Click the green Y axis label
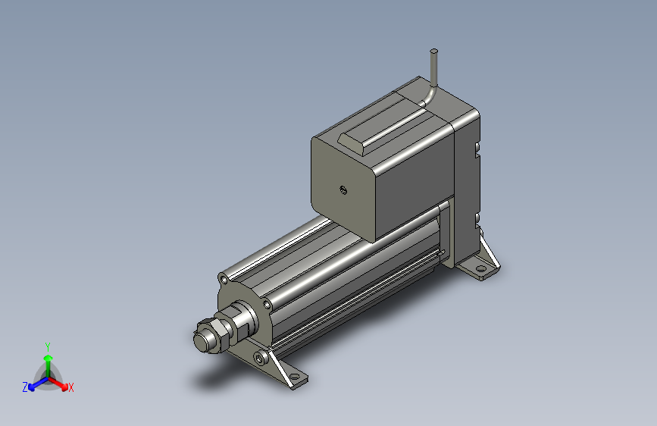[47, 346]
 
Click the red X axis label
[71, 388]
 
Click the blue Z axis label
[25, 387]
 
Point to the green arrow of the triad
[48, 360]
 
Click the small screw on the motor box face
[343, 190]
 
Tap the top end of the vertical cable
[434, 52]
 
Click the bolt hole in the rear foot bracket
[480, 268]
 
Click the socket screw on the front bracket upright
[262, 356]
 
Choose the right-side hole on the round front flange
[266, 305]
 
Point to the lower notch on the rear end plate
[478, 220]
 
